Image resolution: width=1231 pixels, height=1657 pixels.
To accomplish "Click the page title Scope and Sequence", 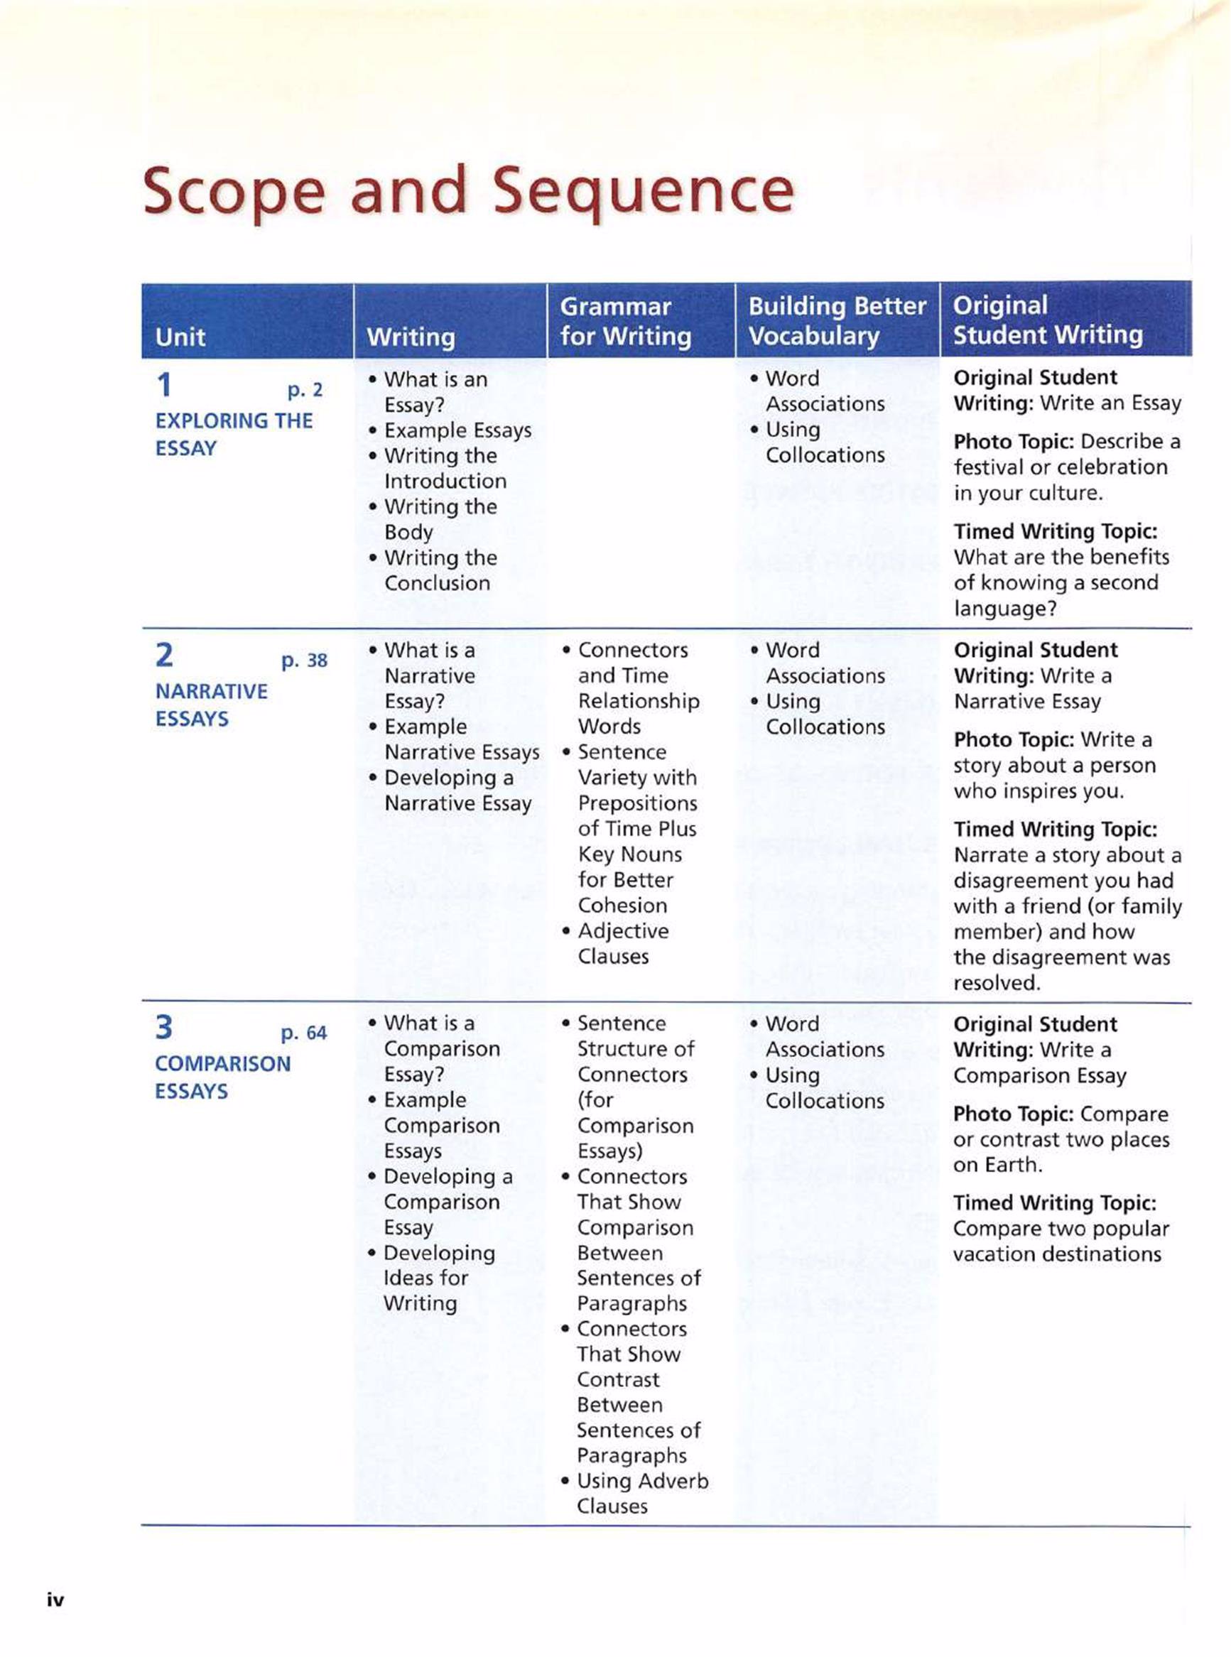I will click(468, 192).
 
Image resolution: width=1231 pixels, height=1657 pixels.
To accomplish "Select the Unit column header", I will click(180, 337).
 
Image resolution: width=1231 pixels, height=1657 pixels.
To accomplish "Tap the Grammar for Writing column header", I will click(625, 321).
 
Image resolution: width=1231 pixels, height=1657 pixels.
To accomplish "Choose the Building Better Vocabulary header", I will click(837, 321).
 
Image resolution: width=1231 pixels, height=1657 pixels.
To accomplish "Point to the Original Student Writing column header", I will click(1047, 320).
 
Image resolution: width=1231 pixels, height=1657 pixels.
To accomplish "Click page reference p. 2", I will click(305, 390).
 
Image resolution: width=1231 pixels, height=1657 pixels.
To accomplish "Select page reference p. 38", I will click(304, 660).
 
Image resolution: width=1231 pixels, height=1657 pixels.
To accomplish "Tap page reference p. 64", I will click(303, 1033).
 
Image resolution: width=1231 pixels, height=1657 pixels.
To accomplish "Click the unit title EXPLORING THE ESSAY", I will click(233, 435).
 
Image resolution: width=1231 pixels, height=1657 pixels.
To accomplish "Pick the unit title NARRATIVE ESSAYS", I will click(211, 705).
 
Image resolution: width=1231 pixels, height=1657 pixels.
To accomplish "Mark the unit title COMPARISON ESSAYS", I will click(222, 1077).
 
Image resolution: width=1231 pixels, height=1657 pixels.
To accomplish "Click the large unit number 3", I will click(164, 1028).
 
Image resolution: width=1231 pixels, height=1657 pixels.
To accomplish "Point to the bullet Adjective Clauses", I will click(622, 943).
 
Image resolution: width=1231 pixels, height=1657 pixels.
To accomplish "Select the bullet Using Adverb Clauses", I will click(641, 1493).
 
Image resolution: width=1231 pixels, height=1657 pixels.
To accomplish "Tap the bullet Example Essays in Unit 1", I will click(457, 430).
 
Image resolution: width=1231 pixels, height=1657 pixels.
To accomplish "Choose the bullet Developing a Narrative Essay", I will click(457, 791).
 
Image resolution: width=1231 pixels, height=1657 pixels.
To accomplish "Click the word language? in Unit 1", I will click(1004, 608).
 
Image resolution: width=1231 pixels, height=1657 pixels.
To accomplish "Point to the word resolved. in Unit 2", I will click(997, 983).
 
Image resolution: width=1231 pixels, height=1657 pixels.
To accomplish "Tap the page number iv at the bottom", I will click(56, 1599).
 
